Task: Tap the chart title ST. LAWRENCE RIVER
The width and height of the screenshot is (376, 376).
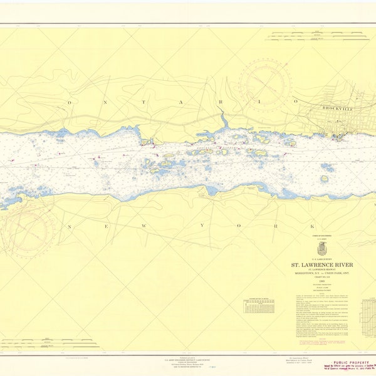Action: [321, 265]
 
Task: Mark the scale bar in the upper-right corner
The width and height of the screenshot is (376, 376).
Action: [307, 35]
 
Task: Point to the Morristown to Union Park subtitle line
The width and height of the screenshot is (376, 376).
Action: [321, 274]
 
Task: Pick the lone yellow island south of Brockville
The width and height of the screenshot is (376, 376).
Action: [325, 179]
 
